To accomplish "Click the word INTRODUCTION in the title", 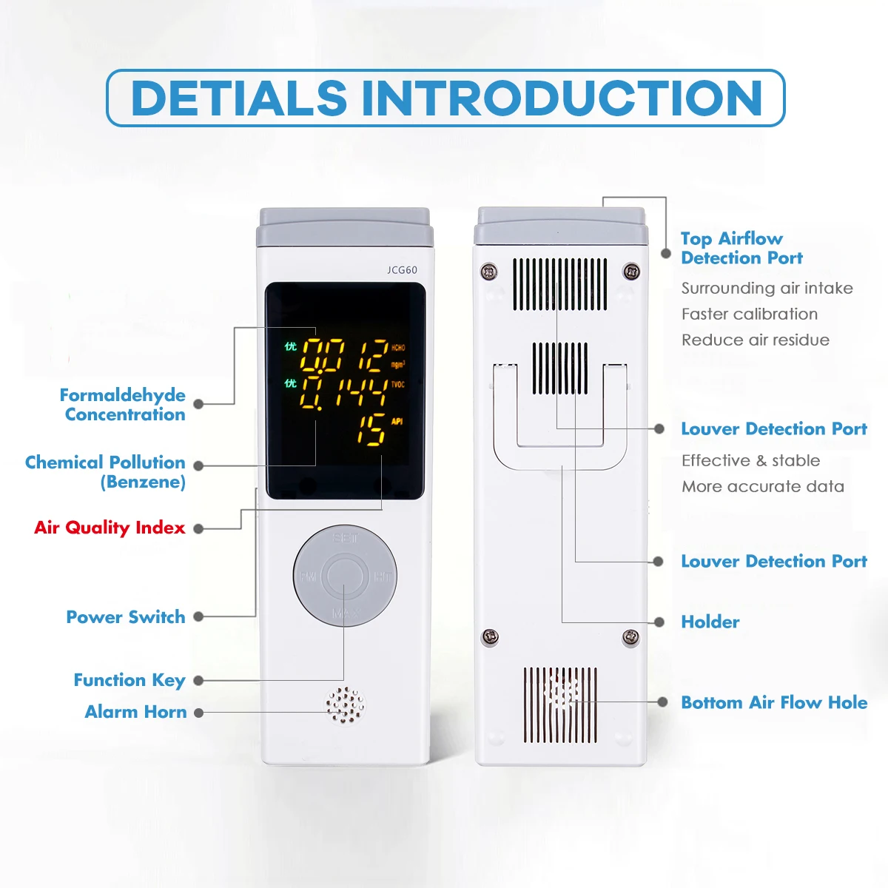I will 562,98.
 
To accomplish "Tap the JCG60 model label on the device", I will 402,270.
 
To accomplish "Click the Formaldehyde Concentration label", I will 123,405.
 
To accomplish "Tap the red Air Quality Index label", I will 110,528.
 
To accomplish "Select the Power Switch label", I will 126,617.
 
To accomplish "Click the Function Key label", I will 129,680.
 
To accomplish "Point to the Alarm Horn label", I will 136,712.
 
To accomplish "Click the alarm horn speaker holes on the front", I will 346,706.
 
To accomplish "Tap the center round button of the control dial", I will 345,577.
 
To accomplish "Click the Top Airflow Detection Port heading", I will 741,249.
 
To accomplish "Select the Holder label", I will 710,622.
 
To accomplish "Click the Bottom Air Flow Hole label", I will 774,702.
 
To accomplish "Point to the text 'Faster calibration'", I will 750,314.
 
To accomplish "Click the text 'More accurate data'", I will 763,486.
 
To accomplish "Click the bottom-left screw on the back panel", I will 490,636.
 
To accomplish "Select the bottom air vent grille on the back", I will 560,705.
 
